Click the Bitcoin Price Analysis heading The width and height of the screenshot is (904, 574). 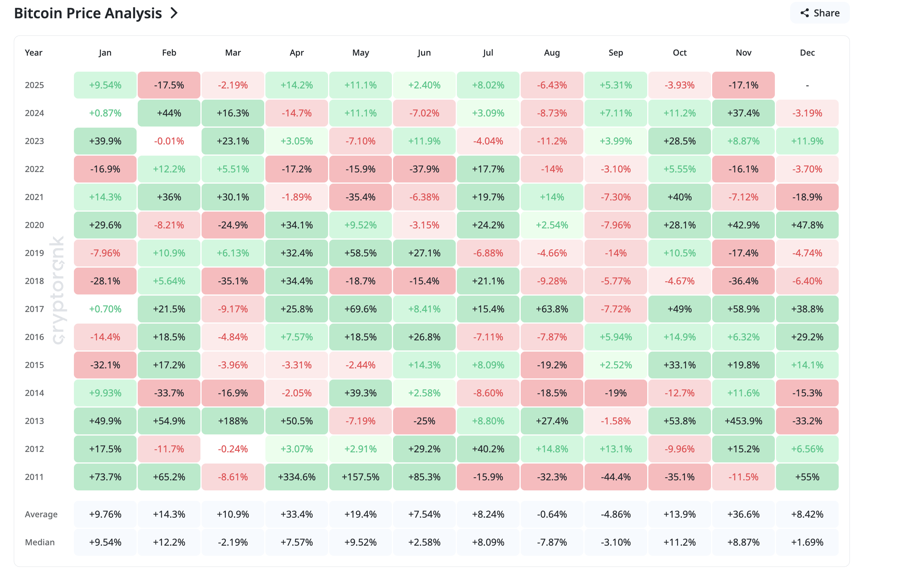coord(88,13)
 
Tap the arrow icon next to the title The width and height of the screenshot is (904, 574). coord(174,13)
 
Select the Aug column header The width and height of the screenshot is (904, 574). coord(552,53)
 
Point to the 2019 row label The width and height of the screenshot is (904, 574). coord(34,253)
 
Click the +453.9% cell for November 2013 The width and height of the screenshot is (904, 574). coord(743,421)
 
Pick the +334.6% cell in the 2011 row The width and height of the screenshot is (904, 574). coord(297,477)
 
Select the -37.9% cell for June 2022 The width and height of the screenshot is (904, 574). coord(424,169)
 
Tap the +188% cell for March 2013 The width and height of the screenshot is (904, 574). coord(233,421)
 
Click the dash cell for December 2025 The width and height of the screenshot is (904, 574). coord(807,85)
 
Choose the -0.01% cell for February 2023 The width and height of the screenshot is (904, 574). coord(169,141)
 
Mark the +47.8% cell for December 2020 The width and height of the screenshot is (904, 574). coord(807,225)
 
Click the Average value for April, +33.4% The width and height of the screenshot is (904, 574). coord(297,514)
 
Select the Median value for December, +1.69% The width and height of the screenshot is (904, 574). coord(807,542)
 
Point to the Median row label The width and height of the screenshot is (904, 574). coord(40,542)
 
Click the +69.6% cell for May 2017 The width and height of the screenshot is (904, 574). coord(361,309)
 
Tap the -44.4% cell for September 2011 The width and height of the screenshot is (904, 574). coord(615,477)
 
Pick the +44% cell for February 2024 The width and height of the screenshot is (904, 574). coord(169,113)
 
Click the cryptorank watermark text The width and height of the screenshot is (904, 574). coord(57,290)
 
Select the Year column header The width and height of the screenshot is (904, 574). coord(34,53)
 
